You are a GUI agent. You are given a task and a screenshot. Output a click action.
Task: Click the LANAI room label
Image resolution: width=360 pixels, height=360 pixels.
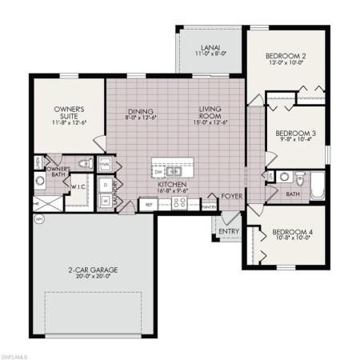[x=210, y=48]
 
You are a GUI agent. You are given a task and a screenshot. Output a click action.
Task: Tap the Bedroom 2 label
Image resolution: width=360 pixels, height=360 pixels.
[x=286, y=56]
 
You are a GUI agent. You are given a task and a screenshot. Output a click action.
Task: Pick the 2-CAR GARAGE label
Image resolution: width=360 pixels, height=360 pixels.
[x=94, y=270]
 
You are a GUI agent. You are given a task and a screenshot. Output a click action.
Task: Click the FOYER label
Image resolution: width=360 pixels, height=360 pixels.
[x=232, y=193]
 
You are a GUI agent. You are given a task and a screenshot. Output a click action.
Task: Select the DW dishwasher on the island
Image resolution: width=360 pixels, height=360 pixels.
[x=160, y=171]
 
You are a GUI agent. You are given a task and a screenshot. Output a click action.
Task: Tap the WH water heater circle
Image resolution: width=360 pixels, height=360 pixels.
[x=38, y=218]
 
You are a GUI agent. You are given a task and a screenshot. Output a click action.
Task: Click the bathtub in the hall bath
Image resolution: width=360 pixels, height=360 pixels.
[x=318, y=182]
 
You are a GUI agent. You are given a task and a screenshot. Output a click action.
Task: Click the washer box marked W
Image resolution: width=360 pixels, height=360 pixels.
[x=106, y=202]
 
